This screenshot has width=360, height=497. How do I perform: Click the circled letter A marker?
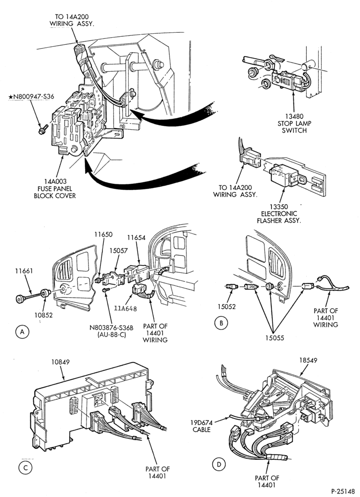[22, 331]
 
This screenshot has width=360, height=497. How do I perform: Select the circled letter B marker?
[221, 323]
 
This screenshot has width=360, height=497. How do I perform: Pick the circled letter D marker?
[219, 465]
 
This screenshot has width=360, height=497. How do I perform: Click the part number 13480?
[294, 116]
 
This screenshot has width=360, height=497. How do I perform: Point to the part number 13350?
[278, 207]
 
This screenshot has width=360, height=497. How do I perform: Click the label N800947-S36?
[31, 97]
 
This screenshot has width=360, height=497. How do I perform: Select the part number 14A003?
[55, 181]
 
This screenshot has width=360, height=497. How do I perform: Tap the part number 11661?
[24, 271]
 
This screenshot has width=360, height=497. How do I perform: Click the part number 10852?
[43, 315]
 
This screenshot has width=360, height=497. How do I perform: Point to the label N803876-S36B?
[111, 328]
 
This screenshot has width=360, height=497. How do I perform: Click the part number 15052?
[226, 307]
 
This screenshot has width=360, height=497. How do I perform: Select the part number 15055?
[274, 338]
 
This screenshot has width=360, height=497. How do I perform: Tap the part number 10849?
[60, 362]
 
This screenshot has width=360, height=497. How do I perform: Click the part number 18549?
[308, 360]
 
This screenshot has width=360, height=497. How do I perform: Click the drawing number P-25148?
[343, 492]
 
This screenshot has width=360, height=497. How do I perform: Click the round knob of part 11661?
[20, 299]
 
